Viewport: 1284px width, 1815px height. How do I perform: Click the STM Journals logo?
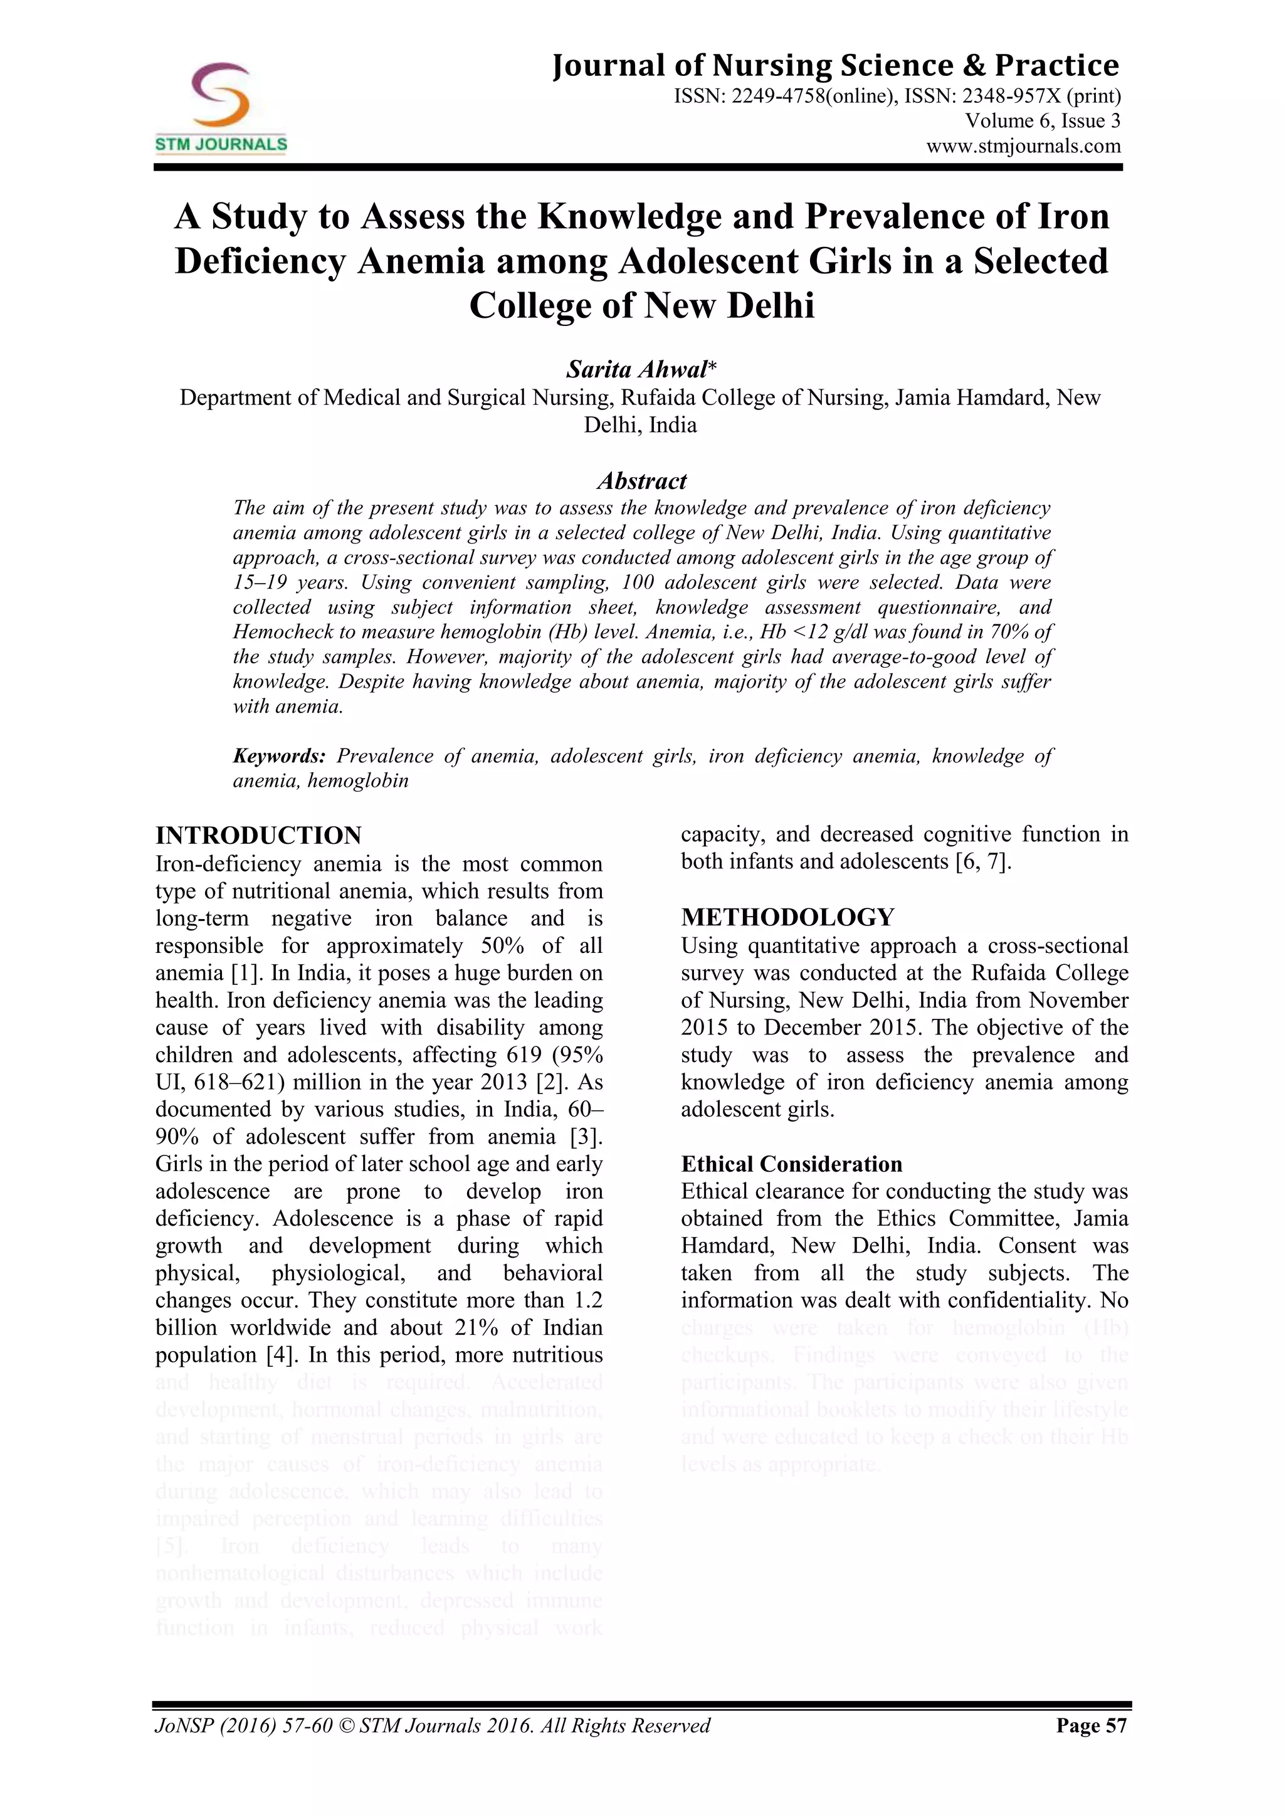pyautogui.click(x=221, y=107)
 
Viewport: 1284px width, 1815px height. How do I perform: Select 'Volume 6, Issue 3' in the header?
pyautogui.click(x=1042, y=121)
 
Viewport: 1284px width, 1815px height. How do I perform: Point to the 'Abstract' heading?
pyautogui.click(x=641, y=481)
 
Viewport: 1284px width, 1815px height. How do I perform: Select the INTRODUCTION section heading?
pyautogui.click(x=258, y=836)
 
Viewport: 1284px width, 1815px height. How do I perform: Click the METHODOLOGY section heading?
pyautogui.click(x=787, y=917)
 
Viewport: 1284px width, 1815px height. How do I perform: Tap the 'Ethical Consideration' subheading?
pyautogui.click(x=791, y=1164)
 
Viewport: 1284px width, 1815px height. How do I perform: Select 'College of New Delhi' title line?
pyautogui.click(x=641, y=306)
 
